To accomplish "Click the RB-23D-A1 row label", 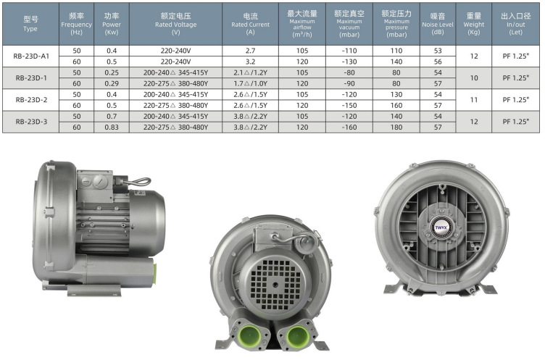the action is tap(31, 56).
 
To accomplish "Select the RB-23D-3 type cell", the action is tap(31, 122).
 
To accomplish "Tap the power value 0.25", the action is tap(112, 72).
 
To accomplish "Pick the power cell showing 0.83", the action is tap(112, 127).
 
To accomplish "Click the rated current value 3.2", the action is tap(250, 62).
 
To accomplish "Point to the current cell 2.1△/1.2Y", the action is tap(250, 72).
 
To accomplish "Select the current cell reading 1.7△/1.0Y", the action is tap(250, 83).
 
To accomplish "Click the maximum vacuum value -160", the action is tap(349, 127).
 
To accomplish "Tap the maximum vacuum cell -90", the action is tap(349, 83).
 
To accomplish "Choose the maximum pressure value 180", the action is tap(396, 127).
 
